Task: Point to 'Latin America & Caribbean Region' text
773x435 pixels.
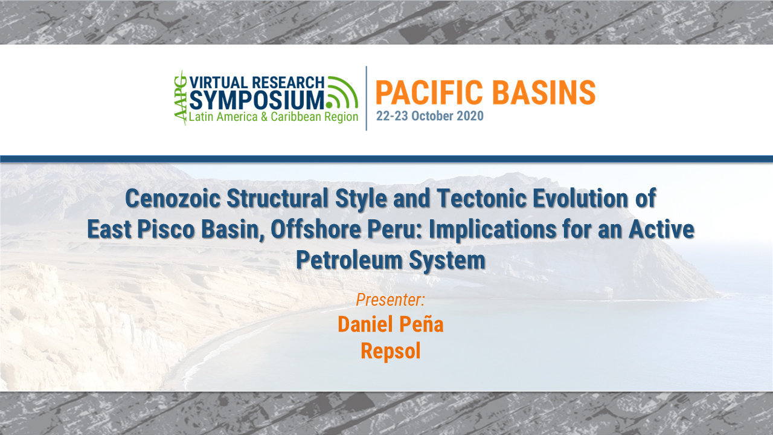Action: pos(274,117)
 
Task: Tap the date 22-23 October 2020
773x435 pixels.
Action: pos(429,116)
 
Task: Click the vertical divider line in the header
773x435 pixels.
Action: pos(367,98)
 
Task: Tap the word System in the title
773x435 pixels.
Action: pos(451,260)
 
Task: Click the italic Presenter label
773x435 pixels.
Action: pos(390,299)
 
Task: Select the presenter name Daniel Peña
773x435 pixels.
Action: pos(390,324)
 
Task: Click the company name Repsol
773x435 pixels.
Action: pos(390,350)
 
